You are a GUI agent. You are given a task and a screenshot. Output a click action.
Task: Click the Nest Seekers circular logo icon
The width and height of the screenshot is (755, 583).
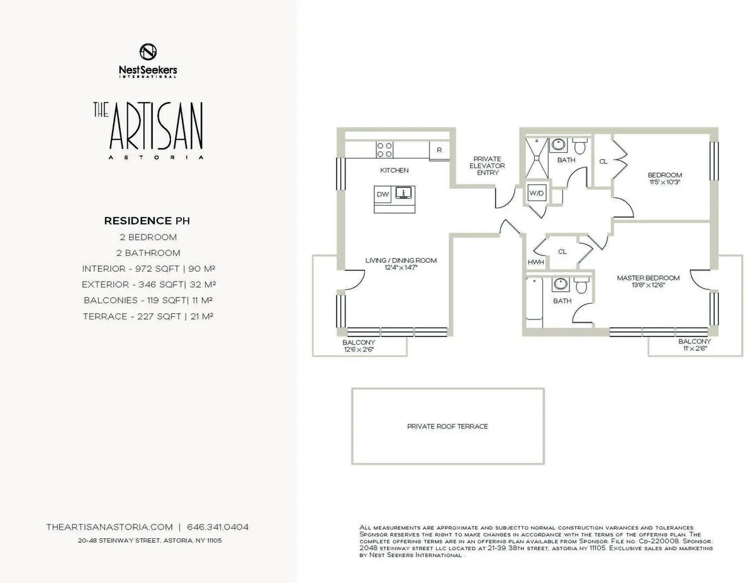click(148, 52)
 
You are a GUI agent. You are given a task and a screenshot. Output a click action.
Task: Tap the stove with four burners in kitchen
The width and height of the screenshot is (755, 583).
click(384, 149)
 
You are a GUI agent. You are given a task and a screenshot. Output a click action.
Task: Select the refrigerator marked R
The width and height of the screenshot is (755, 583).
click(439, 150)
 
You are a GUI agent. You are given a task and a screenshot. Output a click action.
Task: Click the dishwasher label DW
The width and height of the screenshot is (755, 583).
click(383, 194)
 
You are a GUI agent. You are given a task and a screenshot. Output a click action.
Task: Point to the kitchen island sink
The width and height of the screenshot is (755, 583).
click(402, 192)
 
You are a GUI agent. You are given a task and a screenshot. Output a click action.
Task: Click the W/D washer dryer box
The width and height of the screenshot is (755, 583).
click(536, 193)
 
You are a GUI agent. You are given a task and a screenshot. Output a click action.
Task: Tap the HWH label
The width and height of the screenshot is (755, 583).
click(535, 262)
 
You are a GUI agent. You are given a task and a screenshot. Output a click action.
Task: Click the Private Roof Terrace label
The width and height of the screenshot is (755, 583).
click(447, 426)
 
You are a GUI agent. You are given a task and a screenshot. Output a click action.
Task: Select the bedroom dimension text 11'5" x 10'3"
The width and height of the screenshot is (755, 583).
click(664, 182)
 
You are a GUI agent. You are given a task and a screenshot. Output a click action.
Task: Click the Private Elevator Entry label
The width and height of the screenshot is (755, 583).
click(488, 165)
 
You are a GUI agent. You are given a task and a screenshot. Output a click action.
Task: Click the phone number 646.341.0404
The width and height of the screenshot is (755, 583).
click(222, 527)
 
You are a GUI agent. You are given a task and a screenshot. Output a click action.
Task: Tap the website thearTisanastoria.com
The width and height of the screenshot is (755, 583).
click(109, 527)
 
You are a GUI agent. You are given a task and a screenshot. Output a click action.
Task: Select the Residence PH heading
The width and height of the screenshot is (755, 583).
click(147, 221)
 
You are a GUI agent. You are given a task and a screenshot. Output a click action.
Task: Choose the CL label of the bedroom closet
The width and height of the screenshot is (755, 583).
click(603, 162)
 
